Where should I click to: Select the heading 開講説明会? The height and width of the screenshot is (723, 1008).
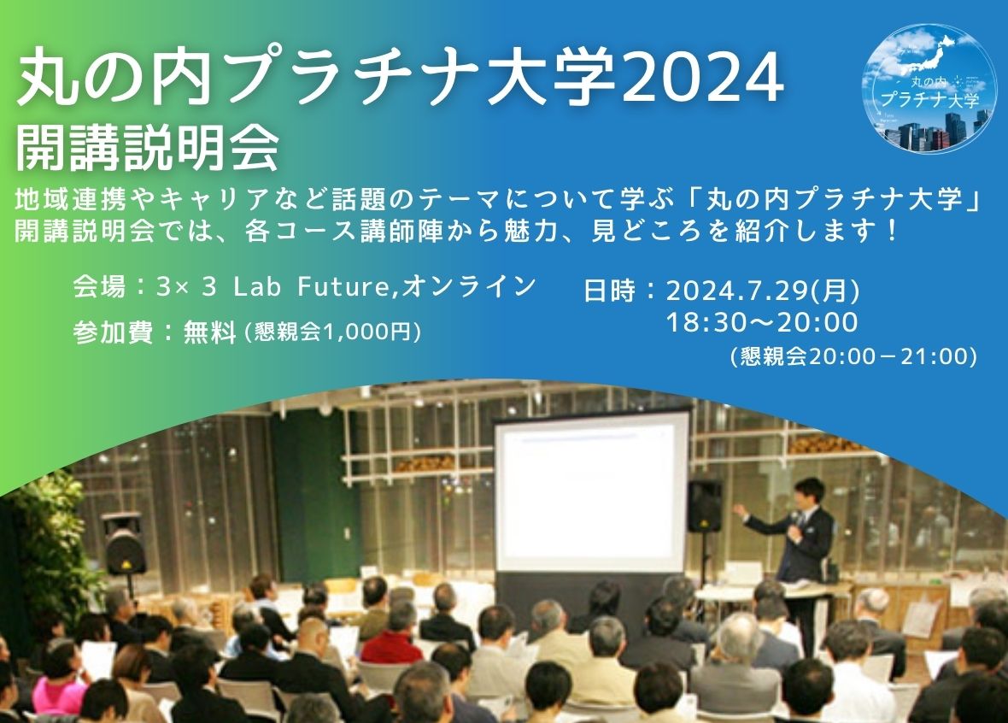point(147,149)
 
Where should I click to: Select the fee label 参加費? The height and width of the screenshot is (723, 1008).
point(113,332)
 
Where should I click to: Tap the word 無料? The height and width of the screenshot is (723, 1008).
point(209,332)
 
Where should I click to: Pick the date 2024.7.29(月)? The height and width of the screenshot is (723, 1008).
point(763,291)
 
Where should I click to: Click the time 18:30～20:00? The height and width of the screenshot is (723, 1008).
point(762,322)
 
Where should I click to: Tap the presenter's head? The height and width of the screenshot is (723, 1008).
point(809,493)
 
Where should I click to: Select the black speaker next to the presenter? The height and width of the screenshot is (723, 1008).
point(705,506)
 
